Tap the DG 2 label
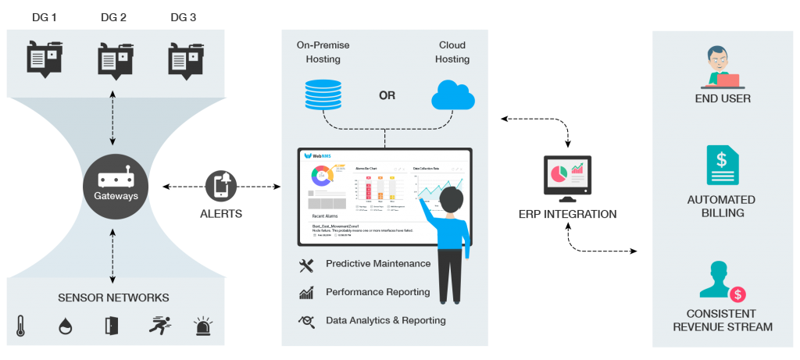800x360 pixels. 114,16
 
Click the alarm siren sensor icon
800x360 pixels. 203,326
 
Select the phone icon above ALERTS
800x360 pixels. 220,187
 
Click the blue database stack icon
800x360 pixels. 321,94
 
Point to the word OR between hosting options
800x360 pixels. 387,96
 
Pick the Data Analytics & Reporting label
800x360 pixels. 385,320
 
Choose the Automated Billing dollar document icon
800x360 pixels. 723,166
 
